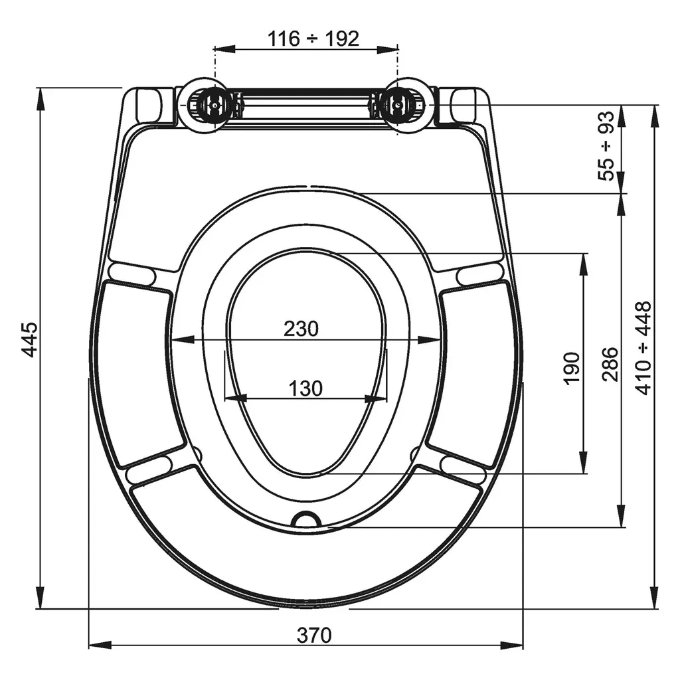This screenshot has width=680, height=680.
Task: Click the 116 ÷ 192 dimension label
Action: click(x=313, y=39)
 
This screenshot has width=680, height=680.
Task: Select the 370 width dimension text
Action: click(x=314, y=636)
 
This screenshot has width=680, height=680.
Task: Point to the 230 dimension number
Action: click(x=301, y=329)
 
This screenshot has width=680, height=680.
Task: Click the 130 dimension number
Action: click(x=305, y=388)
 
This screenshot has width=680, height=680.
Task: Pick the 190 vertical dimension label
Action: click(x=572, y=368)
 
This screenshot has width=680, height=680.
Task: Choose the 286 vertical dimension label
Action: click(x=610, y=363)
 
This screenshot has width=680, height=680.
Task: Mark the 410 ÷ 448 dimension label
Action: click(x=643, y=348)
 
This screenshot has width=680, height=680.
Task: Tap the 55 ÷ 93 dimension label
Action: click(x=606, y=145)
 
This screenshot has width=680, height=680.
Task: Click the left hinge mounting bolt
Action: click(x=214, y=104)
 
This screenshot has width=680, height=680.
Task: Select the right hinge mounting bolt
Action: click(x=397, y=104)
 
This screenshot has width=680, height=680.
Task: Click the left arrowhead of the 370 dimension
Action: click(x=100, y=645)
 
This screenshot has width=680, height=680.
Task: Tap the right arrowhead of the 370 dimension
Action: click(x=512, y=645)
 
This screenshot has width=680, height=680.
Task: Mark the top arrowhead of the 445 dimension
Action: click(x=40, y=100)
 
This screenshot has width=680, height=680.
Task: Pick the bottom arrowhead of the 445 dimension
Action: click(x=40, y=597)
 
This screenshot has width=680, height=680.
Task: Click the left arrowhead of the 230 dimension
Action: click(x=183, y=340)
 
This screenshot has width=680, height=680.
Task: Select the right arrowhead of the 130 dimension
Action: click(x=376, y=398)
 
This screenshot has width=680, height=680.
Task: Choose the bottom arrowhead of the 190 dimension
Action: click(x=584, y=462)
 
